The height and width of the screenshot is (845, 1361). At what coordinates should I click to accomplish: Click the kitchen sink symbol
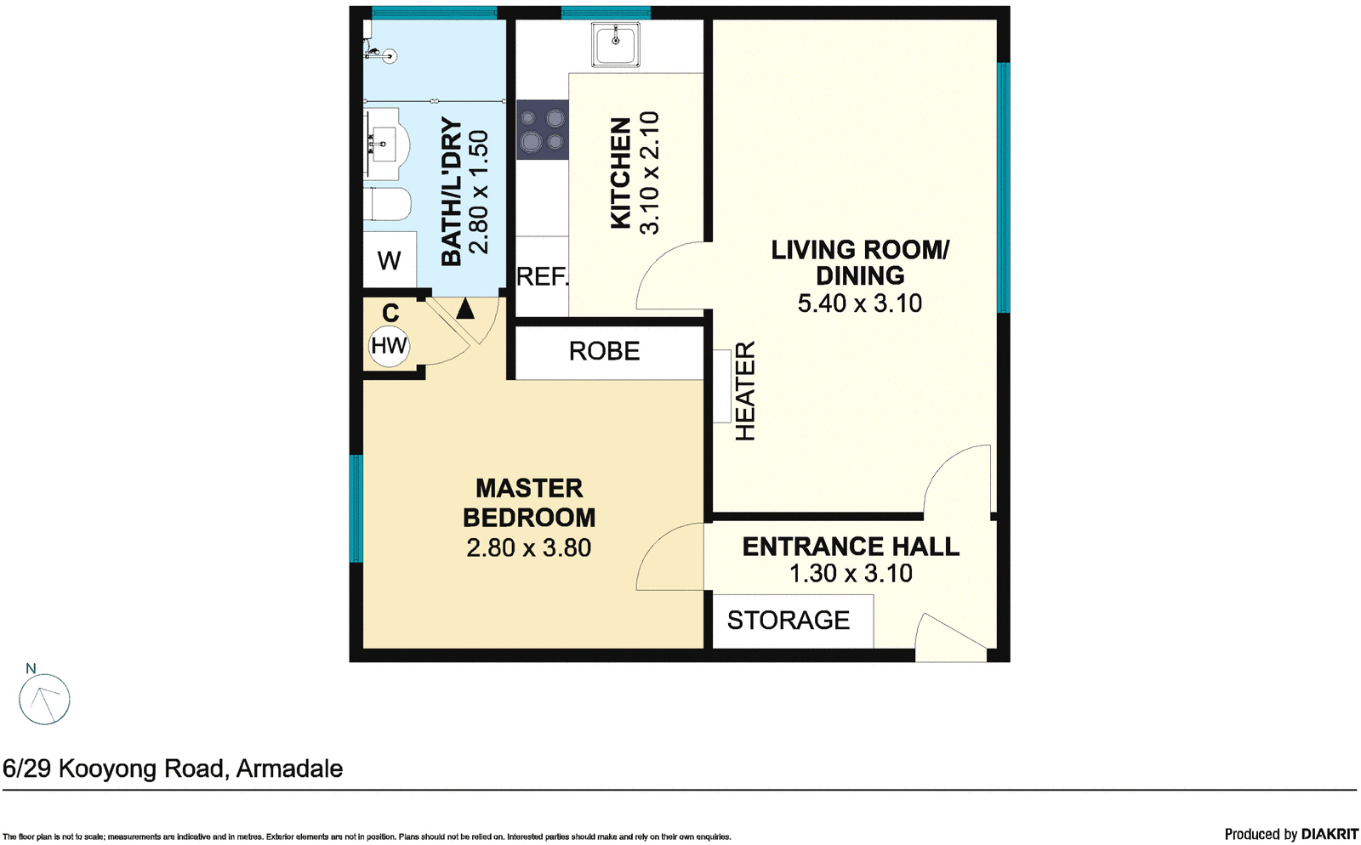point(617,45)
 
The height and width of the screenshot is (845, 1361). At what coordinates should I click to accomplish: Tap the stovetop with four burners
point(542,130)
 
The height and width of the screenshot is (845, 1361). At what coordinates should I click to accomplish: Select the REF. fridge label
point(542,276)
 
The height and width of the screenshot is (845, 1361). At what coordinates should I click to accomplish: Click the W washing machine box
point(390,260)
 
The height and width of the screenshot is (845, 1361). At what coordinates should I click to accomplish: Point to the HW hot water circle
point(389,346)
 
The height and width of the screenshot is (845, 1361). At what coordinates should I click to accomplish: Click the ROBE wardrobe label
point(604,351)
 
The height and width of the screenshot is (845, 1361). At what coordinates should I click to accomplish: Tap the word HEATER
point(745,391)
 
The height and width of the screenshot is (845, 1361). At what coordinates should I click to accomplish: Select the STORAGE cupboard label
point(788,621)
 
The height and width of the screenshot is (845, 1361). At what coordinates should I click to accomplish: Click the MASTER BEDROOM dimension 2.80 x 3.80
point(528,548)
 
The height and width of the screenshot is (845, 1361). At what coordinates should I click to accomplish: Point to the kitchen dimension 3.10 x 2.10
point(649,173)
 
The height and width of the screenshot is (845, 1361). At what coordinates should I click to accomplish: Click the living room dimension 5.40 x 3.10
point(859,303)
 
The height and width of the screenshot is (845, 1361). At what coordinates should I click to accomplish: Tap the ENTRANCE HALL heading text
point(851,547)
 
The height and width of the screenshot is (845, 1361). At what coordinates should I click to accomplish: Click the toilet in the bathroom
point(389,205)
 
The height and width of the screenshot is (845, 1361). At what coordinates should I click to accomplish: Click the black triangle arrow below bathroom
point(464,309)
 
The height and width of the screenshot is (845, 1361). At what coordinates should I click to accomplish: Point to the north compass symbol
point(44,699)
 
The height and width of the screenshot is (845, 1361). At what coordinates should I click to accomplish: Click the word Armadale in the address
point(289,768)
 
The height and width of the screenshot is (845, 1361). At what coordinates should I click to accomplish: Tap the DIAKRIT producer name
point(1329,834)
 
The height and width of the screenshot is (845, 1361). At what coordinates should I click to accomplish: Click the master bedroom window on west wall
point(356,508)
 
